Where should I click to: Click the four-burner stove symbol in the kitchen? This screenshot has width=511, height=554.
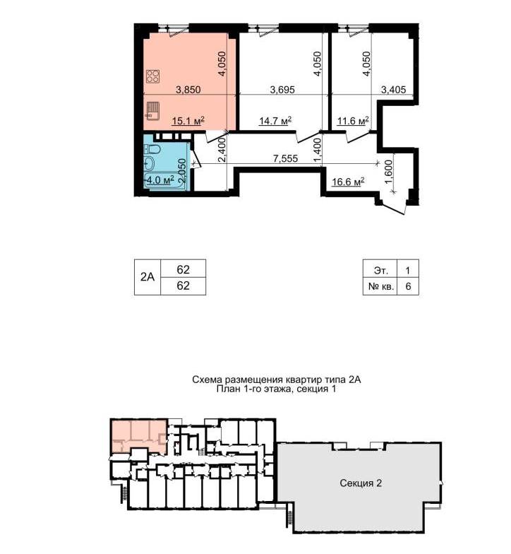coord(152,76)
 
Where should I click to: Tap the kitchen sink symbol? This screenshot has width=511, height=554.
coord(152,110)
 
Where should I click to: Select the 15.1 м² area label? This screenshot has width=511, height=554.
coord(188,122)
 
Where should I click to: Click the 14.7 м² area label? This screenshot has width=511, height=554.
coord(275,122)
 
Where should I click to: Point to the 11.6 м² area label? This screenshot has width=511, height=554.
coord(353,122)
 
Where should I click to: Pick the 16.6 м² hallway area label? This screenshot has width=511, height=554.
coord(348,182)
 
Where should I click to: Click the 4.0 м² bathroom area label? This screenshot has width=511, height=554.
coord(161,179)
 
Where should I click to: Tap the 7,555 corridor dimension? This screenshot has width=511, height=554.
coord(285,158)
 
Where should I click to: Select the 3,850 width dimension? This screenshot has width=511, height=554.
coord(188,90)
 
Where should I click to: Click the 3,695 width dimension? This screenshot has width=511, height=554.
coord(282,90)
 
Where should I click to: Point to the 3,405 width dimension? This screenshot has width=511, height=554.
coord(394,90)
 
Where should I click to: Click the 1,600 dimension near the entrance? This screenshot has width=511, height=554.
coord(388,172)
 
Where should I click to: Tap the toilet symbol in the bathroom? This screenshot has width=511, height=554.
coord(152,150)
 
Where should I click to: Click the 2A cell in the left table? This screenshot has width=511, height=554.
coord(148,277)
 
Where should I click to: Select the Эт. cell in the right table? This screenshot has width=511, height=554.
coord(381,271)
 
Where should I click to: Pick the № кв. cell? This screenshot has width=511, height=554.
coord(381,286)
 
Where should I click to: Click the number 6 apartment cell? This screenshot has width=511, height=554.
coord(408,286)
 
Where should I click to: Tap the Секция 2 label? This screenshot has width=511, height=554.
coord(361,483)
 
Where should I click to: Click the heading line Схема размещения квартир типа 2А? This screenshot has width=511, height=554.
coord(277,380)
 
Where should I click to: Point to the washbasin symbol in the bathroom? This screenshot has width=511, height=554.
coord(150,163)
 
